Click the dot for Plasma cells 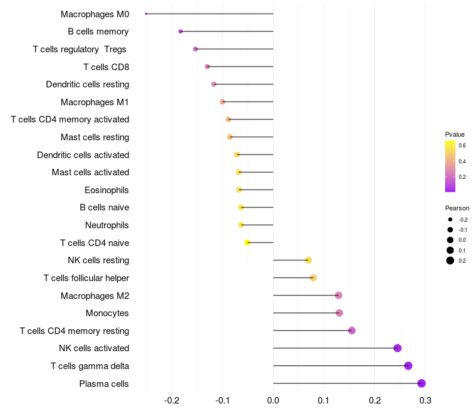(421, 383)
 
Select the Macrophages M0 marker (146, 14)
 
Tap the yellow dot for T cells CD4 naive (248, 242)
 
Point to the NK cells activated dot (397, 348)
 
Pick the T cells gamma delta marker (408, 365)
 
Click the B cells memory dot (180, 31)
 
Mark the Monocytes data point (339, 313)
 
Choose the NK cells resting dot (308, 260)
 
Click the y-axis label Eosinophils (107, 190)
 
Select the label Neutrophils (107, 225)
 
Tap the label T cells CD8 (106, 67)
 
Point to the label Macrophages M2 (95, 295)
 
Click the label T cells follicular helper (86, 278)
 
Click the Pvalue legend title (455, 134)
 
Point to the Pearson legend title (457, 208)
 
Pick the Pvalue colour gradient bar (450, 166)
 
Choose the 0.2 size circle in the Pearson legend (450, 260)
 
